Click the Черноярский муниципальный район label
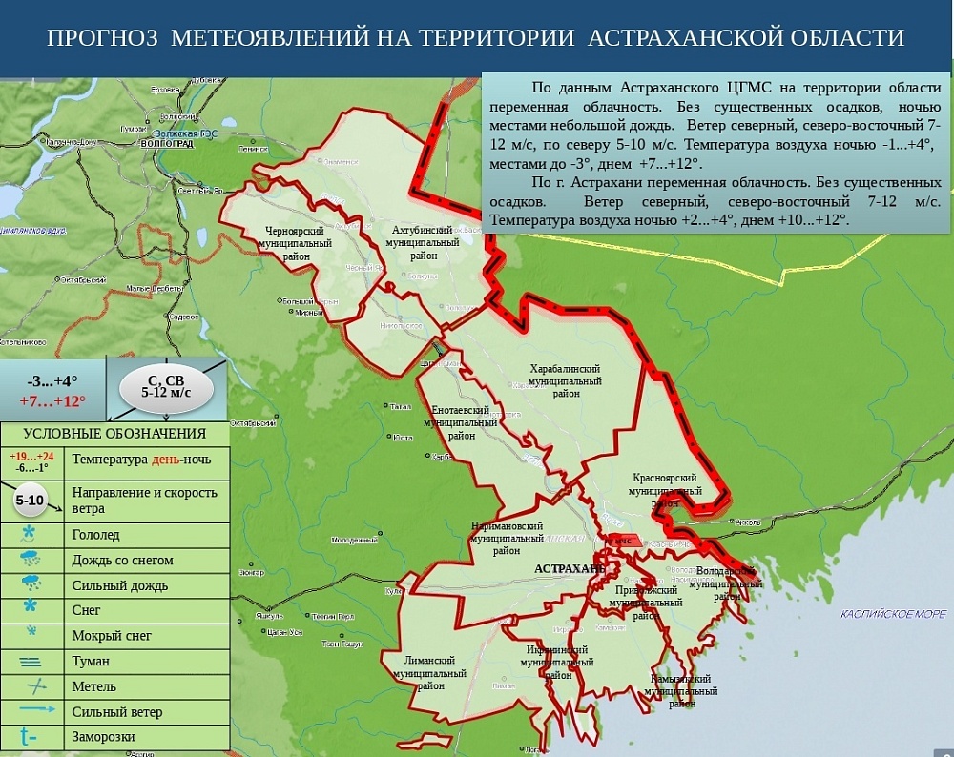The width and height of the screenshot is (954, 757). point(295,243)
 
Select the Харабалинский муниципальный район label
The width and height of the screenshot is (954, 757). point(565,380)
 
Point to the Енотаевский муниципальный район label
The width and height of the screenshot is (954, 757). point(461,422)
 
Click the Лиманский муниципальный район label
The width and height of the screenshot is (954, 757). point(429,672)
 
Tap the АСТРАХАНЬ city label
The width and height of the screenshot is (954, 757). point(569,568)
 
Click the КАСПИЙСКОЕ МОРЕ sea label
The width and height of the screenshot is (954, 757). point(893,614)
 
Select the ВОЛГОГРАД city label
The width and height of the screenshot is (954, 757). point(166,143)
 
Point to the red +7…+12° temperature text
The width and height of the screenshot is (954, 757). point(52,400)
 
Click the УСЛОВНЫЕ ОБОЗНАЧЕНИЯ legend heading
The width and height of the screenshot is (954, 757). point(114,435)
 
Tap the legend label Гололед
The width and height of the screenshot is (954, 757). point(96,535)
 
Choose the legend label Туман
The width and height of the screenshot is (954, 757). point(91,661)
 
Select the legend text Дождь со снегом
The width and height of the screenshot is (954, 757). point(122,560)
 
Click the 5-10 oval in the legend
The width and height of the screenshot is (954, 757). point(30,500)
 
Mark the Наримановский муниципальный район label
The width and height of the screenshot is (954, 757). point(507,538)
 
